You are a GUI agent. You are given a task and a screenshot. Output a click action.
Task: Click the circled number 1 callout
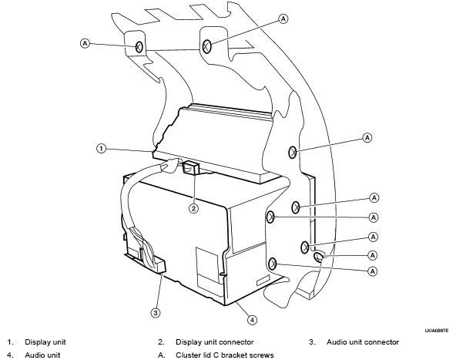tap(101, 149)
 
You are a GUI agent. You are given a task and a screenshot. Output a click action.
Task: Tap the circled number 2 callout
tap(193, 208)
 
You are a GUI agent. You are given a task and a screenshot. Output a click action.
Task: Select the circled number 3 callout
tap(156, 313)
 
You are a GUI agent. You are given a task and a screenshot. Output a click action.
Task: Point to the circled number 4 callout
tap(252, 320)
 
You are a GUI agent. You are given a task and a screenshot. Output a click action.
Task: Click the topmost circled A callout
tap(283, 19)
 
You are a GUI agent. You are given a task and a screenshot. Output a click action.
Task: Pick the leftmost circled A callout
tap(85, 44)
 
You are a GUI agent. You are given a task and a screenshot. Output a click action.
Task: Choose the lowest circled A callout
tap(373, 271)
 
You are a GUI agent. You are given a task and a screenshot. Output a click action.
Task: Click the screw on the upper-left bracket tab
tap(139, 46)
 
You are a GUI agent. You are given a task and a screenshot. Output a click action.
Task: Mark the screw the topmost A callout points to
tap(206, 46)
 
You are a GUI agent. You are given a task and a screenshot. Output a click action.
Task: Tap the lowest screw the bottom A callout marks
tap(272, 264)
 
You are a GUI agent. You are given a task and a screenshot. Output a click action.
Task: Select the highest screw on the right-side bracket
tap(293, 152)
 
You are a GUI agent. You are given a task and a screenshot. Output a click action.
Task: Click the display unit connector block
tap(191, 168)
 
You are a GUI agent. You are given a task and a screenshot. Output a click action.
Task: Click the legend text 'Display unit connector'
tap(215, 342)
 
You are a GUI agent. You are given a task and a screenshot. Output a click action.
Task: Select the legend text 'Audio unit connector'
tap(363, 342)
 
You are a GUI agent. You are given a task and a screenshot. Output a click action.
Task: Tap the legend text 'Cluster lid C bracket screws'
tap(224, 355)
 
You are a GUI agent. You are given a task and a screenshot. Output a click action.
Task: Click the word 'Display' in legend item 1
tap(36, 342)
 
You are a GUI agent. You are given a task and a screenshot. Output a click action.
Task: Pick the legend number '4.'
tap(11, 355)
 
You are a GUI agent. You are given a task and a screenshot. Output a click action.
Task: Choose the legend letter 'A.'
tap(162, 355)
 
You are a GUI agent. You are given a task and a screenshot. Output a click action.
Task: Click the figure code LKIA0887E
tap(437, 331)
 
